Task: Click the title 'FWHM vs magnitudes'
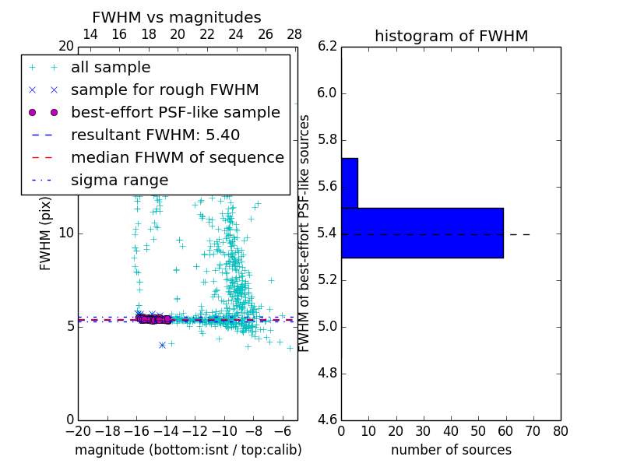tap(177, 18)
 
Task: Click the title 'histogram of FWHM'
tap(451, 36)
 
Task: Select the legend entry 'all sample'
tap(111, 68)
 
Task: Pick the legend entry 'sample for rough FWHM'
tap(164, 90)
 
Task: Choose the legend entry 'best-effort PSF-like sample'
tap(175, 112)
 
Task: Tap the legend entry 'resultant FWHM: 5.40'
tap(155, 135)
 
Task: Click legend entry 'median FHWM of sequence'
tap(177, 157)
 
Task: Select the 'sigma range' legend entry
tap(119, 180)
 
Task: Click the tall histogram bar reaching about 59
tap(422, 233)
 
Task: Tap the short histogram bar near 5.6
tap(350, 183)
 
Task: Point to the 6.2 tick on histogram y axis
tap(328, 47)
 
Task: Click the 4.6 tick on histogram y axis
tap(328, 420)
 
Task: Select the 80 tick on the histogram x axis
tap(560, 431)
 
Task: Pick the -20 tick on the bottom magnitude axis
tap(78, 431)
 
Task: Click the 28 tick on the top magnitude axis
tap(294, 34)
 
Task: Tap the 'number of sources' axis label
tap(451, 450)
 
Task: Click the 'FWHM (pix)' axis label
tap(46, 233)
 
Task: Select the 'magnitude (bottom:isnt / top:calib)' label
tap(188, 450)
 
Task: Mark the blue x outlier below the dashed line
tap(162, 345)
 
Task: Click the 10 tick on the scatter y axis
tap(66, 233)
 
